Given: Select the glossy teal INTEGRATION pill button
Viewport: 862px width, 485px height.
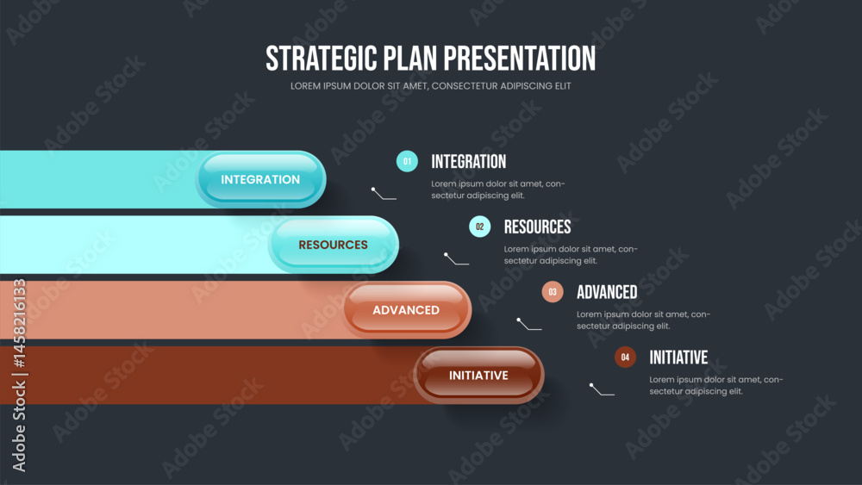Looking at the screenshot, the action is pyautogui.click(x=260, y=179).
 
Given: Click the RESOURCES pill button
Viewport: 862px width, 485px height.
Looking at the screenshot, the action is pyautogui.click(x=333, y=245).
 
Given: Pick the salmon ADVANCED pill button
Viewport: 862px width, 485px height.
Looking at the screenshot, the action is pyautogui.click(x=406, y=310).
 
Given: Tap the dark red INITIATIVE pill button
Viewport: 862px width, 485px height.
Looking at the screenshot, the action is pyautogui.click(x=478, y=375).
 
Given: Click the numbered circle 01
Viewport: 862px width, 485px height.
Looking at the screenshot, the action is pyautogui.click(x=407, y=161).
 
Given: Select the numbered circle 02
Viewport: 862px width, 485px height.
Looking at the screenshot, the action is pyautogui.click(x=480, y=227).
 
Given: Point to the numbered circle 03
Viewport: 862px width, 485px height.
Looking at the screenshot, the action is pyautogui.click(x=553, y=292).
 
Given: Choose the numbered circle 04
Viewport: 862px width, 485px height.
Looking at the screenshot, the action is pyautogui.click(x=625, y=357).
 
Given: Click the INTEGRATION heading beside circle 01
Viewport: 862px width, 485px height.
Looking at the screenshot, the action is pyautogui.click(x=468, y=161).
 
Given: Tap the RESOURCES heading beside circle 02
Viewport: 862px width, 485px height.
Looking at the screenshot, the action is pyautogui.click(x=538, y=227).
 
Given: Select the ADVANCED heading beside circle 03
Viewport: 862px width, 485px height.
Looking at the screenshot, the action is pyautogui.click(x=607, y=292).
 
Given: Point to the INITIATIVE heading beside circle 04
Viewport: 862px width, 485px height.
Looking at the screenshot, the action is pyautogui.click(x=678, y=358).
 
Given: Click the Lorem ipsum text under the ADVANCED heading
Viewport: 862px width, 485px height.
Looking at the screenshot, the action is pyautogui.click(x=643, y=320).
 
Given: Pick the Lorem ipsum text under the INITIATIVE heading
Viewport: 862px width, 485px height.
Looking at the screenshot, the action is pyautogui.click(x=715, y=385).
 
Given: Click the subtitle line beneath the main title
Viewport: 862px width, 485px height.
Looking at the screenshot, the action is pyautogui.click(x=431, y=85).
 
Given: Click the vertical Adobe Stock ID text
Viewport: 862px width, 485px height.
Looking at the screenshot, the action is pyautogui.click(x=19, y=375).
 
